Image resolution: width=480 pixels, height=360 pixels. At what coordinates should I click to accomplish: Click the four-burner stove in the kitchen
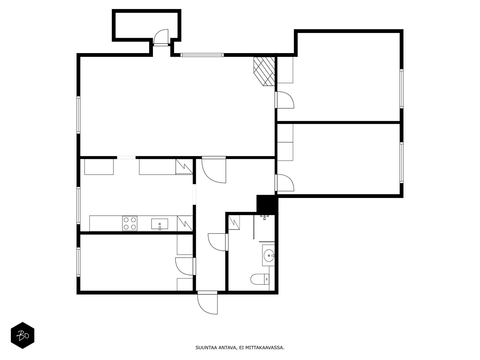click(x=130, y=223)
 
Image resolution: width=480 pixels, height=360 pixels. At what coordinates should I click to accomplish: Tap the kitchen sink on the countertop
click(x=160, y=224)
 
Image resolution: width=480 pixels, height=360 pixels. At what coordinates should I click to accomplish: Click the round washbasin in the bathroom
click(x=268, y=256)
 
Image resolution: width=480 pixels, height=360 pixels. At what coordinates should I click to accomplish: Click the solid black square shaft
click(x=266, y=204)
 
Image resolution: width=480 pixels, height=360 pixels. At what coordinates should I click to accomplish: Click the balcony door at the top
click(x=161, y=37)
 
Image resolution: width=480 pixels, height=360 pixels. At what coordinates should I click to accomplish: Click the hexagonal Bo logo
click(x=22, y=335)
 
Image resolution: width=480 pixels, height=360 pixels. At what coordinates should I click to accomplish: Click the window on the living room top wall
click(x=202, y=55)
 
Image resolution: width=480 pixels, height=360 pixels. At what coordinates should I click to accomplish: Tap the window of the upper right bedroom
click(x=401, y=88)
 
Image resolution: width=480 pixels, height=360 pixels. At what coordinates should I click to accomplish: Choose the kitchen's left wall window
click(x=78, y=205)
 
